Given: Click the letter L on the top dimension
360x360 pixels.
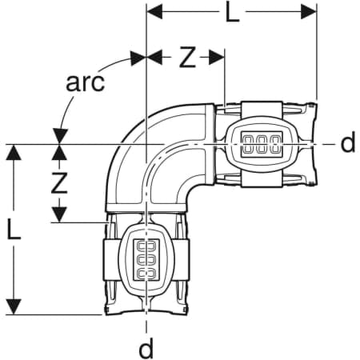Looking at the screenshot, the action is [232, 13].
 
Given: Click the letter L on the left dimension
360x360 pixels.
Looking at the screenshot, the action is [14, 229].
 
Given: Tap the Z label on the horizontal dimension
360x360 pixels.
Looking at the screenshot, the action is [187, 57].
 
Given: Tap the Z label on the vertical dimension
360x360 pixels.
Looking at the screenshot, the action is [59, 182].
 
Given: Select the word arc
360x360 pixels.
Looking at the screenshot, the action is [85, 82].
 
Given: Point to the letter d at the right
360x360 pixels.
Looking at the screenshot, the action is [348, 142].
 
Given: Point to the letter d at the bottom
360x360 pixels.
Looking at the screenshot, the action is [146, 348].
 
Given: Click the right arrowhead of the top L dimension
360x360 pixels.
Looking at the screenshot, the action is [309, 12].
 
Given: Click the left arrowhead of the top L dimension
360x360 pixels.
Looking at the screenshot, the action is [154, 12].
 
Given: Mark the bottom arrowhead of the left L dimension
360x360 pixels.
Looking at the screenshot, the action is [14, 306].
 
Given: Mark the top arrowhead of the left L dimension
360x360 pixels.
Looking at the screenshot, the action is [14, 152].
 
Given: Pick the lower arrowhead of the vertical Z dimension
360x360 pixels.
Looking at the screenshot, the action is [59, 214].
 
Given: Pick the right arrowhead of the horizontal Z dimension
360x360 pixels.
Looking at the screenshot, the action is [216, 58].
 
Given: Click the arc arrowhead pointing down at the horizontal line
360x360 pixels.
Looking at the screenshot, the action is [61, 137].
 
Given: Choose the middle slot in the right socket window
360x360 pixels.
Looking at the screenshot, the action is [262, 145].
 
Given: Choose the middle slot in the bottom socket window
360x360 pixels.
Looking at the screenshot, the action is [146, 258].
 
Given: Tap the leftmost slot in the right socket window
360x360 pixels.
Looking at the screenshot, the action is [249, 145].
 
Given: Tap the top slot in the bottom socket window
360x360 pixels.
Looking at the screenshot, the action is [146, 246].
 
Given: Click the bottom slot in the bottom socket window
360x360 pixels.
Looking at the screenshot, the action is [146, 273].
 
